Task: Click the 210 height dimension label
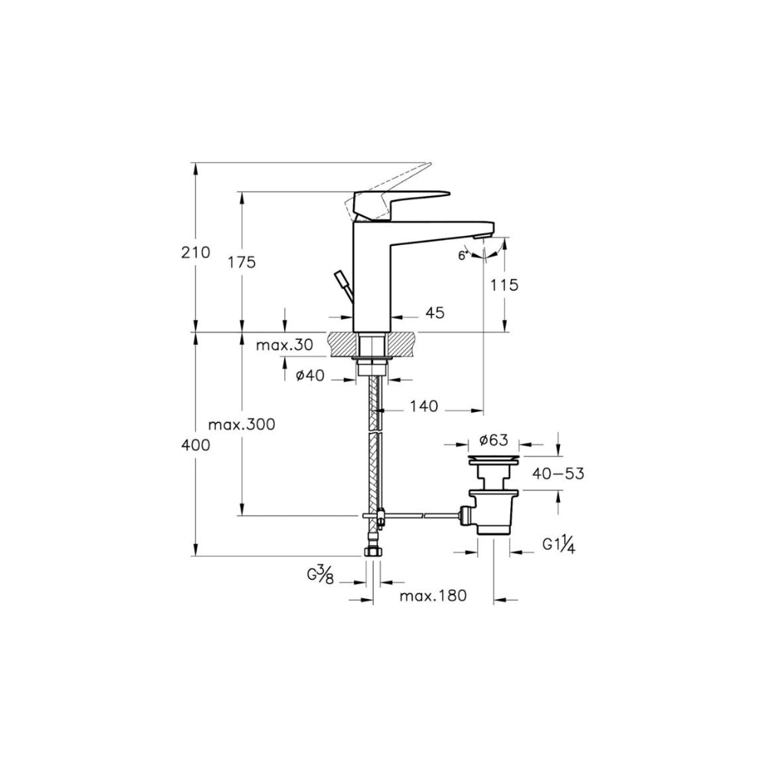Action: [195, 253]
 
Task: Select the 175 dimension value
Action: [242, 262]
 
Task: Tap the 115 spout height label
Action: [504, 284]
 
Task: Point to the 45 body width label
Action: [435, 313]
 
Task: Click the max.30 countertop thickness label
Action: [284, 345]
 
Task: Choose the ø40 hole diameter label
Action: [310, 375]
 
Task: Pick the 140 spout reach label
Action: [424, 405]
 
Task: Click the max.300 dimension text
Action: [242, 424]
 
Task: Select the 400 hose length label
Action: [195, 445]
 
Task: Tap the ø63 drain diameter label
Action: [493, 440]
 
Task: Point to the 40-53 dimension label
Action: [558, 473]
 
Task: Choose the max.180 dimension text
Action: [433, 595]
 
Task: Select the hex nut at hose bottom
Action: [373, 552]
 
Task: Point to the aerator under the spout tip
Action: [481, 237]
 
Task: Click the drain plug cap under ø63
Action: [493, 460]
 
